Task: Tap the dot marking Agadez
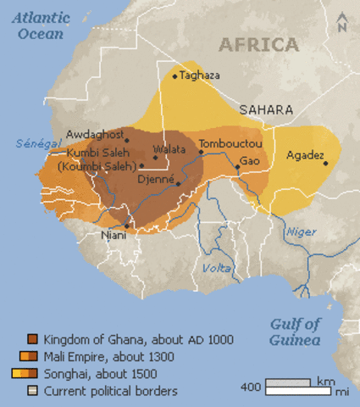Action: pyautogui.click(x=325, y=163)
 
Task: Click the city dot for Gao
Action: pyautogui.click(x=238, y=167)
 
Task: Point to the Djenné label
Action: pyautogui.click(x=155, y=180)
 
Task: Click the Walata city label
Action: pyautogui.click(x=169, y=148)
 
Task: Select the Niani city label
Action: pyautogui.click(x=113, y=235)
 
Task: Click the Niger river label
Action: pyautogui.click(x=300, y=231)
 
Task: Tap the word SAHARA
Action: pyautogui.click(x=266, y=110)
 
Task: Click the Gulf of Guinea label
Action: pyautogui.click(x=296, y=332)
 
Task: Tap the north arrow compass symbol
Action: pyautogui.click(x=341, y=23)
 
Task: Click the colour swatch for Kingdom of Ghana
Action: pyautogui.click(x=32, y=340)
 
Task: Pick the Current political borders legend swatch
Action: pyautogui.click(x=32, y=391)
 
